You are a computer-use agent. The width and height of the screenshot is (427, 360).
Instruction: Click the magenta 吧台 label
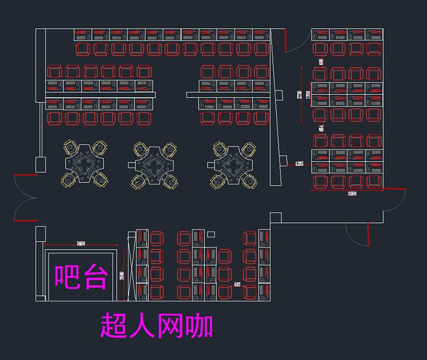click(82, 277)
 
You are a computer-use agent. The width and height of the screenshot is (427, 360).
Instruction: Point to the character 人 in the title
click(143, 325)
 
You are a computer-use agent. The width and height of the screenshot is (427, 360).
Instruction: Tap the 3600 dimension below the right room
click(352, 194)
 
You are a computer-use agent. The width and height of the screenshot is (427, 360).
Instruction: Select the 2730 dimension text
click(300, 94)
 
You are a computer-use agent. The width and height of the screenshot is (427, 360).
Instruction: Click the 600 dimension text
click(321, 61)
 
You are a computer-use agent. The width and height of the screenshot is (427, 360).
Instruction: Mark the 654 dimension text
click(321, 128)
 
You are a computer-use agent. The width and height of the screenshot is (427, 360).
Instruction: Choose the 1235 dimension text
click(299, 164)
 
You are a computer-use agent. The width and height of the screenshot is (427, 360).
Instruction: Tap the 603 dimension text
click(237, 285)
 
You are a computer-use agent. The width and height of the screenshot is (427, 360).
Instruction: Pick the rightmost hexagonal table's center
click(233, 163)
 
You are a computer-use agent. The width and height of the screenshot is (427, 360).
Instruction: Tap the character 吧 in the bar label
click(67, 277)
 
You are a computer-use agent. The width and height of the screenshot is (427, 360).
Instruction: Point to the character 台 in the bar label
click(96, 277)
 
